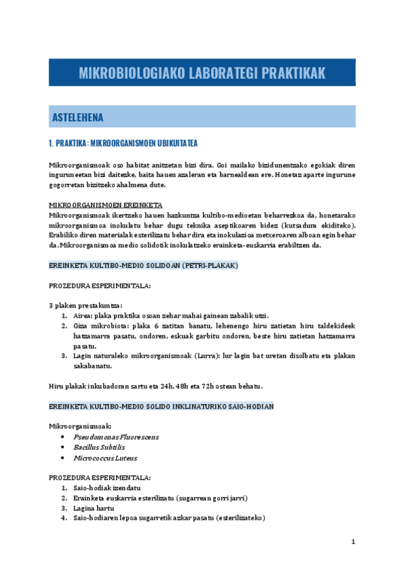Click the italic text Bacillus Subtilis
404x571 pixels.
point(99,447)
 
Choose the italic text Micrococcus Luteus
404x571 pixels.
point(105,458)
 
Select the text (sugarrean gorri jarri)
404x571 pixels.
point(212,498)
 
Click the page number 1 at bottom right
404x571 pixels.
point(352,542)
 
